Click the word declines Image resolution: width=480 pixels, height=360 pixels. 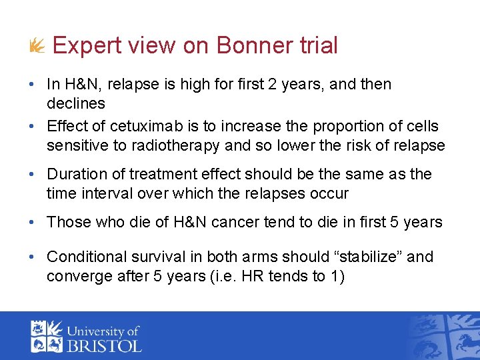pyautogui.click(x=76, y=103)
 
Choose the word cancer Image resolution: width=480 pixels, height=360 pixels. pyautogui.click(x=238, y=222)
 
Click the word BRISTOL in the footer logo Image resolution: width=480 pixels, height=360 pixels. pyautogui.click(x=107, y=345)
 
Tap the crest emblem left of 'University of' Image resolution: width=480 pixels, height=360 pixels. pyautogui.click(x=46, y=336)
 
